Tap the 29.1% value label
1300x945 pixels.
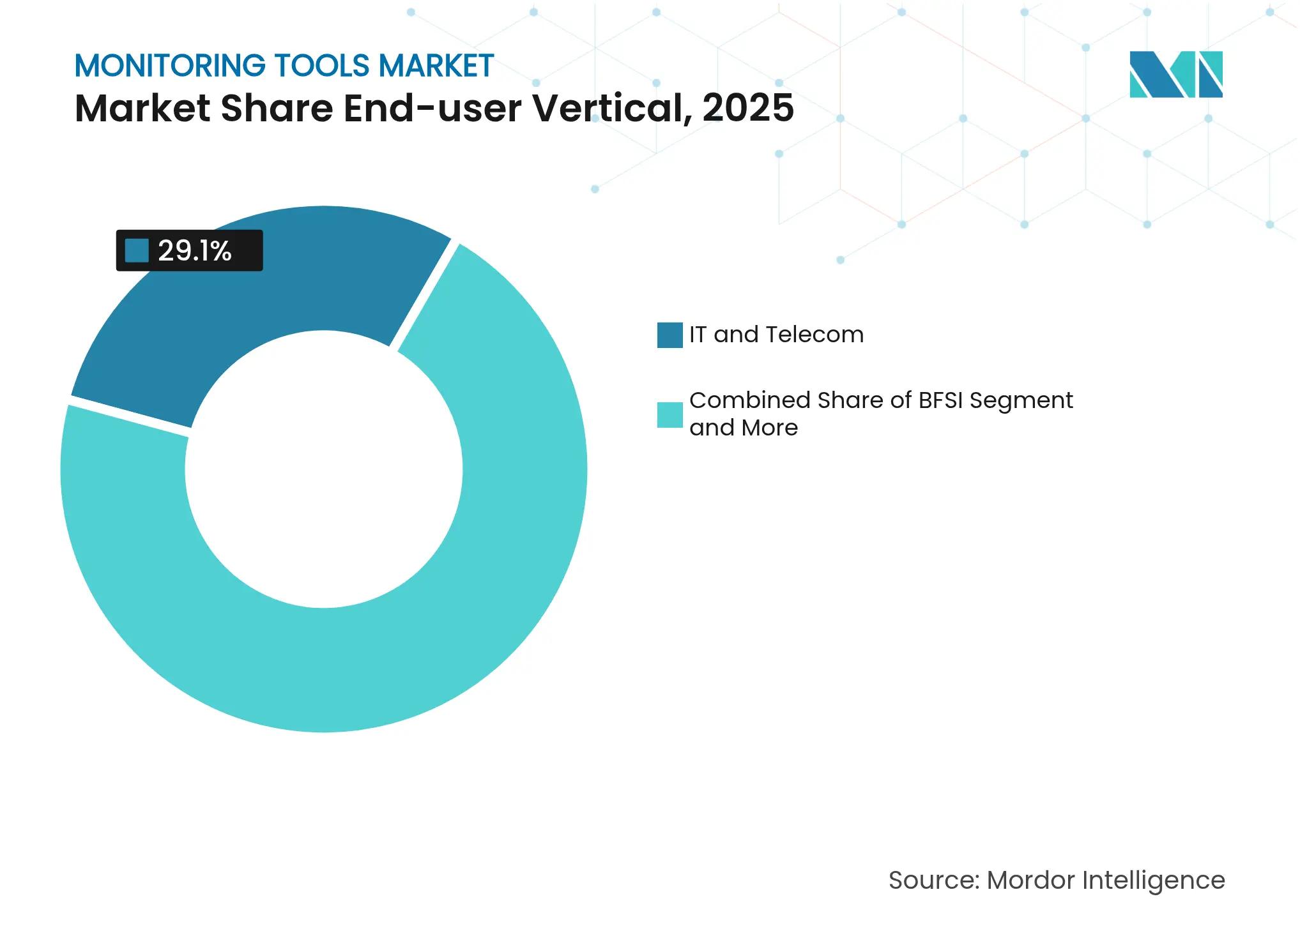(x=195, y=251)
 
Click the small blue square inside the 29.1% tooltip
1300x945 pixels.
(x=137, y=250)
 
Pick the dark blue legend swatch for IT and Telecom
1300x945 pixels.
(x=669, y=335)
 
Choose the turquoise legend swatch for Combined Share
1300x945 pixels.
(x=669, y=415)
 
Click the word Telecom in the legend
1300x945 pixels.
(x=814, y=335)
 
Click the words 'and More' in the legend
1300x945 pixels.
(x=744, y=428)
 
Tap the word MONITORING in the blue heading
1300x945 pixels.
(x=170, y=66)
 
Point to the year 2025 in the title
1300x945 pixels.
(x=748, y=108)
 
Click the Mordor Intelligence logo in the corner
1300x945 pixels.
(x=1175, y=75)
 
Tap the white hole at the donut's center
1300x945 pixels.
(x=324, y=469)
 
